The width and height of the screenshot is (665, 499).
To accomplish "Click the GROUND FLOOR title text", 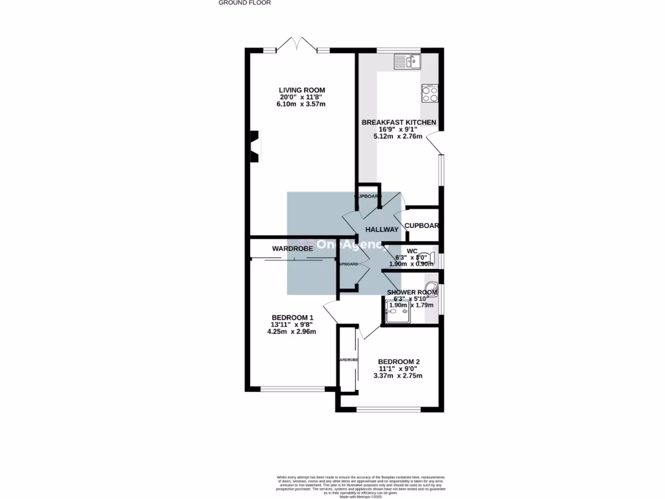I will pos(244,3).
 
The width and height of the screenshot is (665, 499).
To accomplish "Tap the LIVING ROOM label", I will pos(301,90).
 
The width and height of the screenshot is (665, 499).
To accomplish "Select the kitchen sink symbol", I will pos(407,62).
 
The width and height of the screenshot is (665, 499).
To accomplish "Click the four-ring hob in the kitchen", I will pos(430,94).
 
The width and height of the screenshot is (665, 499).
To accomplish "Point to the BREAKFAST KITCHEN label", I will pos(398,122).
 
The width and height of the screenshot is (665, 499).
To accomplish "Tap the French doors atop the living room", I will pos(296,45).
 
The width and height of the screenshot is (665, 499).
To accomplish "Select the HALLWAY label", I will pos(381,229).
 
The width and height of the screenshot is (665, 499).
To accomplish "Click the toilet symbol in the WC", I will pos(425,256).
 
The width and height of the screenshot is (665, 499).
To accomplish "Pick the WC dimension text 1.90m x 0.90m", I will pos(410,264).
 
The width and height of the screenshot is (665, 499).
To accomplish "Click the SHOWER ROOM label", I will pos(412,292).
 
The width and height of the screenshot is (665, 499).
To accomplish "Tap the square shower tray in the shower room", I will pos(397,313).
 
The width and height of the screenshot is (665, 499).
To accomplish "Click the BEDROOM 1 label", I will pos(292,317).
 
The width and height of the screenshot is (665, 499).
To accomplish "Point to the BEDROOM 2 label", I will pos(399,362).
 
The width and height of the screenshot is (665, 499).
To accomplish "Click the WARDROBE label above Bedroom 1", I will pos(292,248).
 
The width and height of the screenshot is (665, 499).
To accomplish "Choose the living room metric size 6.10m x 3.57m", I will pos(301,104).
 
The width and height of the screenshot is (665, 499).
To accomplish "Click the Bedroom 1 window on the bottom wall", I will pos(292,389).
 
